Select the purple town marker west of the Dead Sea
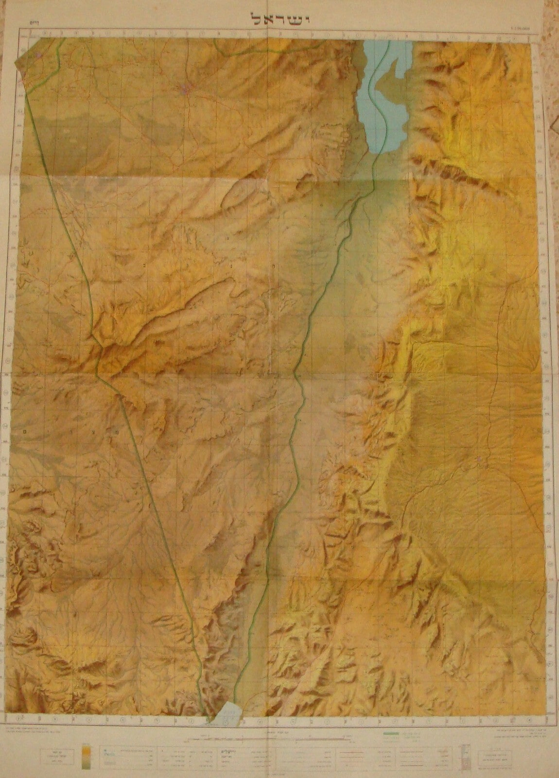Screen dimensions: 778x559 187,88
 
